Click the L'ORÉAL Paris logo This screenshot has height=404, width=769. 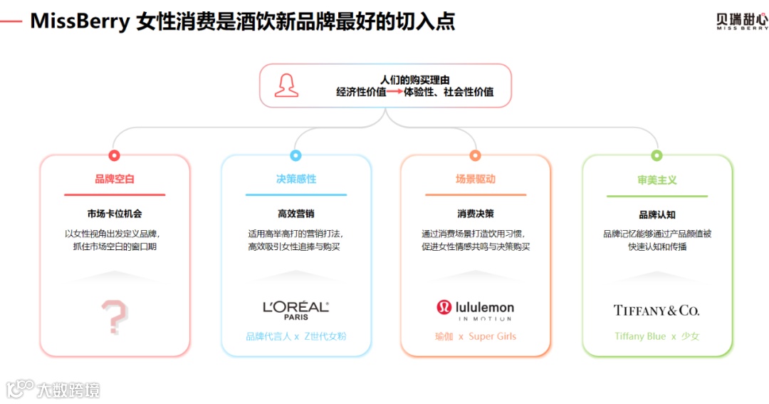(295, 309)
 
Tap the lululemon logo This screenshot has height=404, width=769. (475, 309)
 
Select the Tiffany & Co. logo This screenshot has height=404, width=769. (656, 311)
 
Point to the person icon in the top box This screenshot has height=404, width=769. (286, 86)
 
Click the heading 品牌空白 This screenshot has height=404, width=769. (115, 179)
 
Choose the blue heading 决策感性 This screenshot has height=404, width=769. (296, 179)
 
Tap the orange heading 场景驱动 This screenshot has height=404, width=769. (476, 179)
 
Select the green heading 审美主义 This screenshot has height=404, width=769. (657, 180)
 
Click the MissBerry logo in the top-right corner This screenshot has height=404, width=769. (742, 21)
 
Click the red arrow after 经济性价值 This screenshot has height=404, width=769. (394, 92)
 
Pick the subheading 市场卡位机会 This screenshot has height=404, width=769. (115, 214)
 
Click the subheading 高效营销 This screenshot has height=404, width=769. (296, 214)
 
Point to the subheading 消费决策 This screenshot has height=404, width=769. (476, 214)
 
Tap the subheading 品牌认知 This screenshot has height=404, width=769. (657, 214)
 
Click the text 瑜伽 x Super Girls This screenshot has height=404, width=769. (476, 336)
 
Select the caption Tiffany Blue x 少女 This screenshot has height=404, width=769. (657, 336)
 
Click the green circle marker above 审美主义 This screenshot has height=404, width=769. (656, 155)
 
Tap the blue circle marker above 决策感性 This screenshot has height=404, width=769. (295, 155)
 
